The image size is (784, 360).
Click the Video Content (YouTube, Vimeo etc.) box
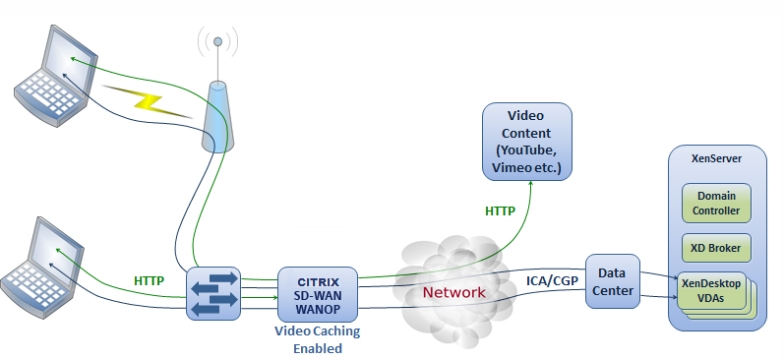pyautogui.click(x=526, y=142)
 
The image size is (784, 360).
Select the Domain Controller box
pyautogui.click(x=716, y=203)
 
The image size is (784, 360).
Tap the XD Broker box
pyautogui.click(x=716, y=248)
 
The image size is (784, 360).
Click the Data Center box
pyautogui.click(x=613, y=281)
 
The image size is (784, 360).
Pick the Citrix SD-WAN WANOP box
pyautogui.click(x=318, y=294)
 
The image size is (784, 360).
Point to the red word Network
pyautogui.click(x=454, y=292)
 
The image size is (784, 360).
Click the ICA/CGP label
pyautogui.click(x=552, y=280)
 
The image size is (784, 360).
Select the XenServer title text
pyautogui.click(x=716, y=159)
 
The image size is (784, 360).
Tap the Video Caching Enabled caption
pyautogui.click(x=318, y=339)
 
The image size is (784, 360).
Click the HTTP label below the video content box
pyautogui.click(x=500, y=211)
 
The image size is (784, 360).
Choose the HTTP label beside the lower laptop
pyautogui.click(x=149, y=281)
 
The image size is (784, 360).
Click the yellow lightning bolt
pyautogui.click(x=148, y=102)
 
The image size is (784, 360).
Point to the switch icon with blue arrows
pyautogui.click(x=213, y=293)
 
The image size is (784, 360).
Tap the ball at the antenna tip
pyautogui.click(x=217, y=41)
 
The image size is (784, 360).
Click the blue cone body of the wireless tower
pyautogui.click(x=218, y=116)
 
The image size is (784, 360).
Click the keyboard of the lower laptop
pyautogui.click(x=31, y=283)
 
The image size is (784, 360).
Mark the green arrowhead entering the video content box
pyautogui.click(x=531, y=184)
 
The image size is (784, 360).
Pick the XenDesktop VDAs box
pyautogui.click(x=711, y=290)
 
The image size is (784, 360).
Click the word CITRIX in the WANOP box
pyautogui.click(x=318, y=282)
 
